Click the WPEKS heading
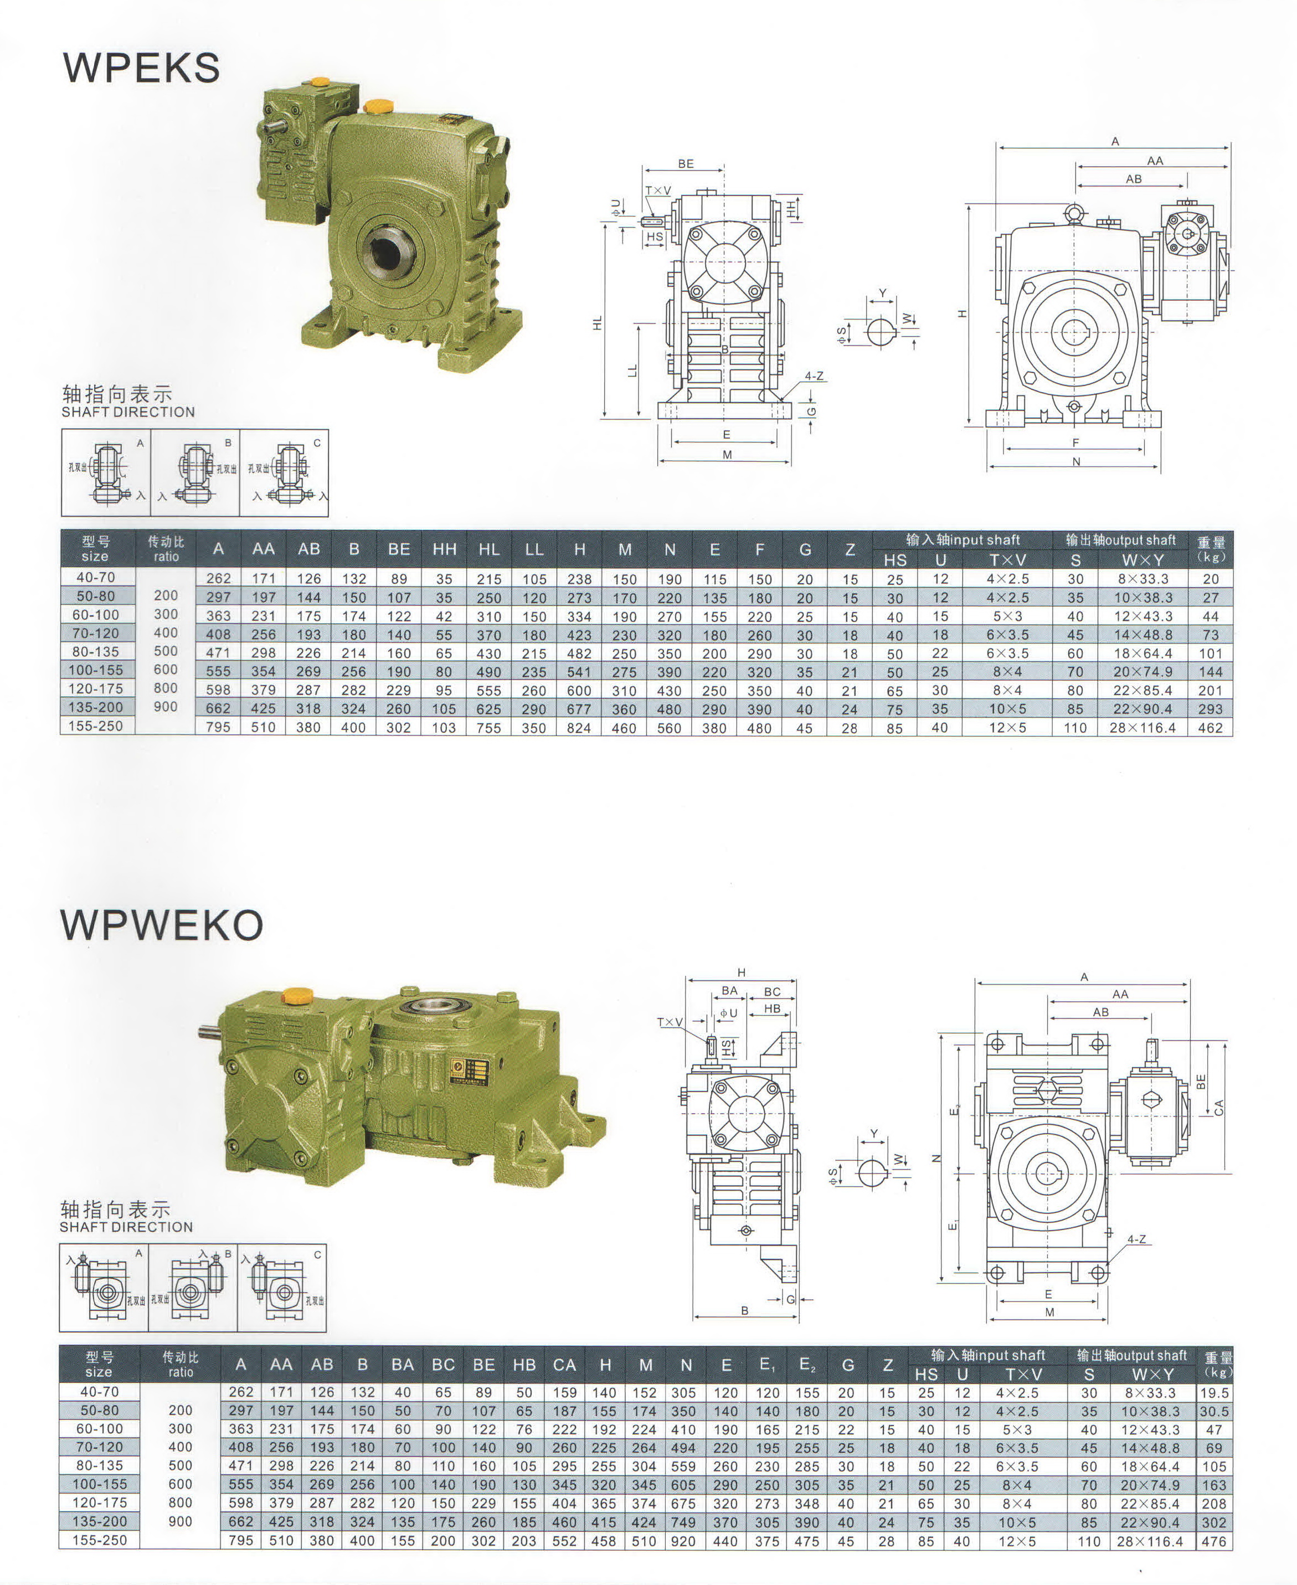click(141, 68)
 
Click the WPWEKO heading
click(161, 925)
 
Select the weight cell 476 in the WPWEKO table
click(1214, 1541)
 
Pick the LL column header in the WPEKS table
click(534, 550)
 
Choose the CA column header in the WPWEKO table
click(564, 1365)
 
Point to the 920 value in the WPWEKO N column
click(683, 1541)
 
